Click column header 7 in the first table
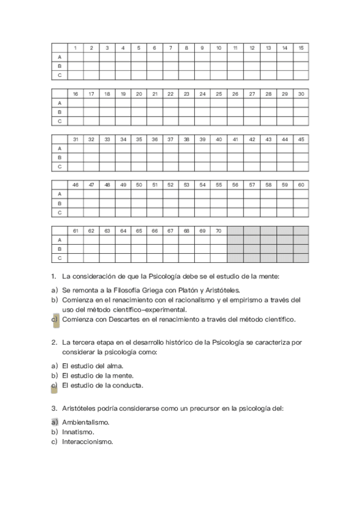[171, 48]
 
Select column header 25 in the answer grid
[219, 94]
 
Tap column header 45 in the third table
[301, 140]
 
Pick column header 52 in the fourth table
[171, 185]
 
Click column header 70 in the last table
[219, 230]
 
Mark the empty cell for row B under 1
[75, 66]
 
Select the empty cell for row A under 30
[301, 103]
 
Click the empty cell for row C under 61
[75, 258]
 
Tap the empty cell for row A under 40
[219, 149]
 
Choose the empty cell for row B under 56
[235, 203]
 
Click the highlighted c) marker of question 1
[54, 319]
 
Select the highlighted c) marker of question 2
[54, 386]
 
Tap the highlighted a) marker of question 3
[54, 422]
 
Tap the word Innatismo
[78, 432]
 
